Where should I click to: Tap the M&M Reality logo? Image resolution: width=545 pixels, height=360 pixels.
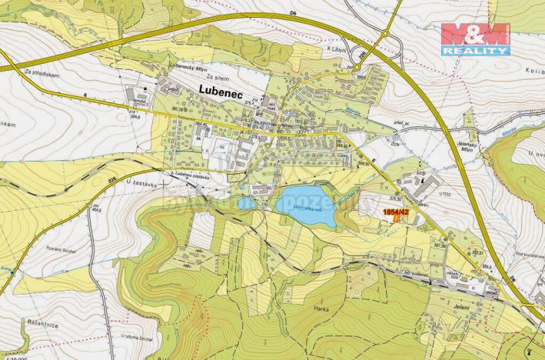(475, 38)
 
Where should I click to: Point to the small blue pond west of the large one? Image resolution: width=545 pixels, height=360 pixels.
(246, 203)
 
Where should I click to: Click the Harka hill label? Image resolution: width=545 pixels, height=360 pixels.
(321, 308)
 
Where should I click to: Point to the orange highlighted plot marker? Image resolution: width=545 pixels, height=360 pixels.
(397, 216)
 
